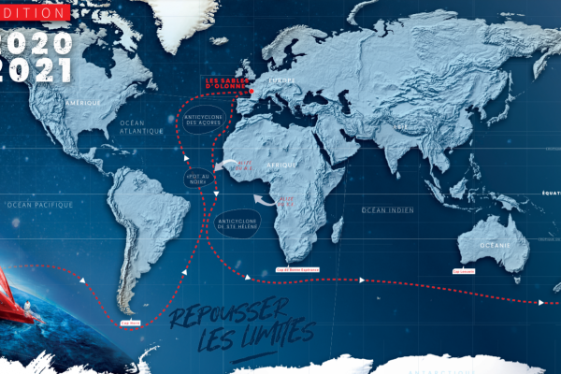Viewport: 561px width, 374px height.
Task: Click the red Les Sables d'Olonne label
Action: (x=229, y=86)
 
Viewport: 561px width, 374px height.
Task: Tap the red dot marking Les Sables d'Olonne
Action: (x=252, y=93)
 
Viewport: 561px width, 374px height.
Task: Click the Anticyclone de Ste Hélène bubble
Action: (x=247, y=223)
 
